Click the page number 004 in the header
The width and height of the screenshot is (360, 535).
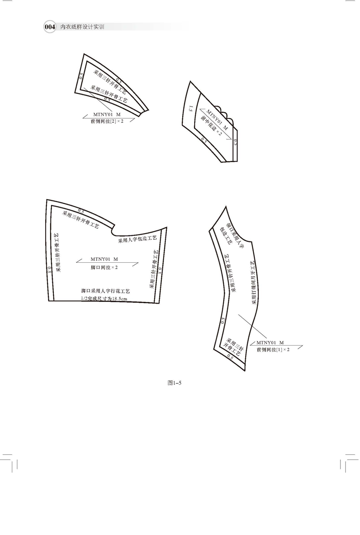coord(49,27)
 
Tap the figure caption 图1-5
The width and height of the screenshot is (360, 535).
coord(175,383)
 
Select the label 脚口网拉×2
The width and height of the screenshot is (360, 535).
coord(104,267)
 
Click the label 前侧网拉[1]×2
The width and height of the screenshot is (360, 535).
coord(273,349)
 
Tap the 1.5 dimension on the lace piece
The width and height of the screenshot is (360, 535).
coord(191,109)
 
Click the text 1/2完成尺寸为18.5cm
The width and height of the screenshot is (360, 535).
coord(104,298)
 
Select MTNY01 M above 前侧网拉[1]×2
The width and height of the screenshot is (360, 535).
coord(270,342)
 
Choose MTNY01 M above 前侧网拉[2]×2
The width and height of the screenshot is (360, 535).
coord(107,114)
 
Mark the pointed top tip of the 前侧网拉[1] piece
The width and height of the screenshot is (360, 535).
coord(226,207)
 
